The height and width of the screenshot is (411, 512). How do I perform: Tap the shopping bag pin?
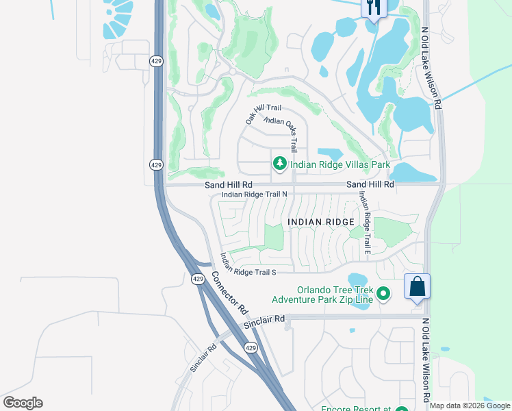point(417,286)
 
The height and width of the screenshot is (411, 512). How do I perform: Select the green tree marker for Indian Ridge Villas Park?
point(279,164)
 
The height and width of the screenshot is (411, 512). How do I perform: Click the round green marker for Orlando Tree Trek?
point(384,294)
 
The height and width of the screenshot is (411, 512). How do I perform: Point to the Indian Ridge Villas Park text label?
point(340,164)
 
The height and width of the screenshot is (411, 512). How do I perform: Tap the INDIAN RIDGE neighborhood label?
point(321,222)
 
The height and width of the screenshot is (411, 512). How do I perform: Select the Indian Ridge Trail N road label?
point(254,195)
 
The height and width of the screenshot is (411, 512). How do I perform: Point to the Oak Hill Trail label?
point(264,114)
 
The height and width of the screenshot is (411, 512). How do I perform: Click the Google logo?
point(23,403)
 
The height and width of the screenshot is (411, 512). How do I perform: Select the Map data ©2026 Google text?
point(470,406)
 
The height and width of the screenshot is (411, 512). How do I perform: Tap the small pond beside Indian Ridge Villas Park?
point(329,154)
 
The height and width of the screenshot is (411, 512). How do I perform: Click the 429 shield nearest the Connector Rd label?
point(198,279)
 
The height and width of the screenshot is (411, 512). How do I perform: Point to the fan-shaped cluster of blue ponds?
point(118,17)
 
